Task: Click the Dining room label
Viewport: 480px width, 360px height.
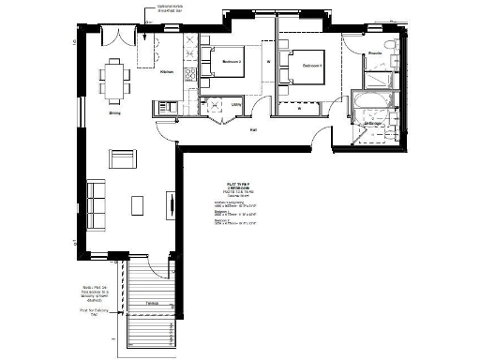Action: coord(114,112)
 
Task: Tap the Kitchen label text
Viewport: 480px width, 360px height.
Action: coord(166,72)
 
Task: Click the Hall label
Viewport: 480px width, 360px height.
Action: coord(253,132)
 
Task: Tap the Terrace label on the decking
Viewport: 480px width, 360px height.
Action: coord(150,303)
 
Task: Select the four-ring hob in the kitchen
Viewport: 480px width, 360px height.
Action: coord(191,72)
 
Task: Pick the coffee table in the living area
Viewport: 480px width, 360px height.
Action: coord(137,205)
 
